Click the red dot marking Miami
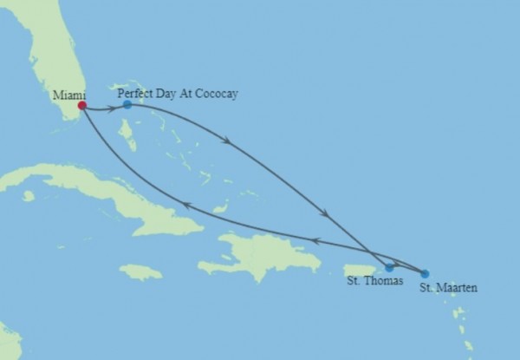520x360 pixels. coord(81,106)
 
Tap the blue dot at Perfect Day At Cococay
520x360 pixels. coord(127,104)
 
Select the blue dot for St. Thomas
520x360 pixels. coord(389,267)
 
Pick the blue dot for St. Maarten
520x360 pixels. coord(424,273)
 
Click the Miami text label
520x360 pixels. coord(68,93)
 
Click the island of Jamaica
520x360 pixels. coord(140,272)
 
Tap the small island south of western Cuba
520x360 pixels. coord(29,196)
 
